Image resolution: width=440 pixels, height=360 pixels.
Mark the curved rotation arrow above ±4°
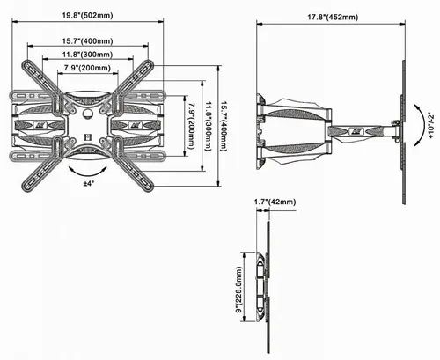coord(89,167)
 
